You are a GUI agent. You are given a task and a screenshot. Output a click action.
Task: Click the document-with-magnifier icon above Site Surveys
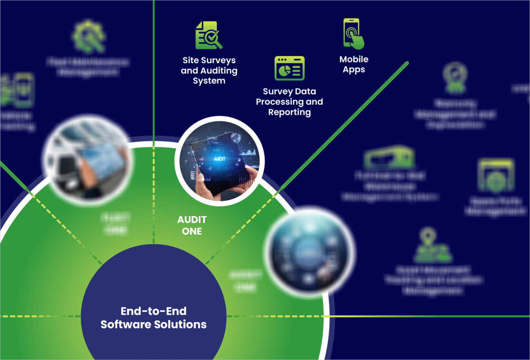(208, 36)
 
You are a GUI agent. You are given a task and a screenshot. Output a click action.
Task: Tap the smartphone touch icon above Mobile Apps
(353, 34)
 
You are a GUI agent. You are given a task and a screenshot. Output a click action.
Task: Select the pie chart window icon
(289, 68)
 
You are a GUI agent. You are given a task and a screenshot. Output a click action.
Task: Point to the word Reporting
(289, 112)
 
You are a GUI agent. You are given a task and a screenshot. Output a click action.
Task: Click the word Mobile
(354, 59)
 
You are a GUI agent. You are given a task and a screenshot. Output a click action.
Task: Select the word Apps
(354, 70)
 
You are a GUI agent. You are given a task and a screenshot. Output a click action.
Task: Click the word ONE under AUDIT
(192, 231)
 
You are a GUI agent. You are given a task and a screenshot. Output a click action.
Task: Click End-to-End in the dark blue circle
(154, 311)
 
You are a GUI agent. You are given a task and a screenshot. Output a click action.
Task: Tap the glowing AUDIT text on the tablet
(220, 159)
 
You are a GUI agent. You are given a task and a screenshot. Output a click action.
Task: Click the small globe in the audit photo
(236, 138)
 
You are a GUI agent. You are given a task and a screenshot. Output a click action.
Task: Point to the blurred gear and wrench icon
(89, 37)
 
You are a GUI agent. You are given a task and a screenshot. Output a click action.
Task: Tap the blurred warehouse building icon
(389, 157)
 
